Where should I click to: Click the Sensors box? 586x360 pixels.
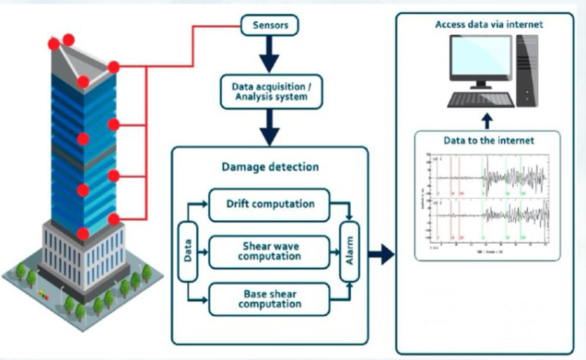click(270, 26)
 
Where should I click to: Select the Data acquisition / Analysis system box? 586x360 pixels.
click(270, 91)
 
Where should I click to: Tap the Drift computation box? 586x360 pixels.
click(270, 205)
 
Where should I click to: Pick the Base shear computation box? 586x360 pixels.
click(270, 298)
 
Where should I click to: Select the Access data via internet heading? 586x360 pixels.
click(488, 25)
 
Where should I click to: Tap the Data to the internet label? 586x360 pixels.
click(489, 141)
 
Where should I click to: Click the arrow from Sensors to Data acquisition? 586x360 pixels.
click(270, 55)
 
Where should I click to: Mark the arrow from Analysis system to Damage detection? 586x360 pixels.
click(270, 125)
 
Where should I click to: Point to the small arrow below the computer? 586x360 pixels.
click(487, 119)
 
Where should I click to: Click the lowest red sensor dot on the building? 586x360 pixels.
click(84, 233)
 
